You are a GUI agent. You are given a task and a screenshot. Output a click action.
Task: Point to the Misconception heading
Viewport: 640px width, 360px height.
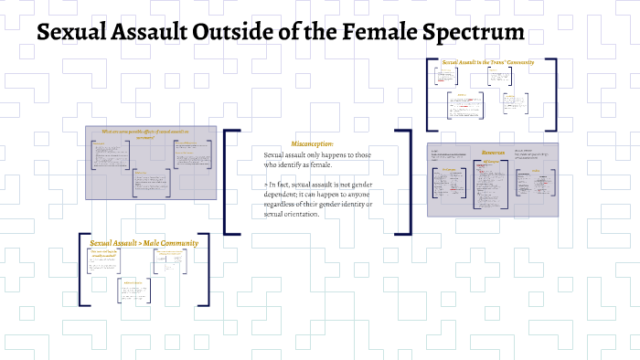tap(313, 144)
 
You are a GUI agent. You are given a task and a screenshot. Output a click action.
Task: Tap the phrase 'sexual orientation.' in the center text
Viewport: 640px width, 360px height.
tap(291, 215)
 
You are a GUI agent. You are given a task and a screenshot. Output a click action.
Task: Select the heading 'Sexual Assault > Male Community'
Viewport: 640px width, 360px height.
tap(144, 243)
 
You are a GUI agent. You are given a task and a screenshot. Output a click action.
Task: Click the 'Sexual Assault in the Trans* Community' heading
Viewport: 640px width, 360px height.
tap(486, 63)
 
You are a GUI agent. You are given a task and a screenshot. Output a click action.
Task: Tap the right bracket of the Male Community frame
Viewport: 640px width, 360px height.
tap(208, 269)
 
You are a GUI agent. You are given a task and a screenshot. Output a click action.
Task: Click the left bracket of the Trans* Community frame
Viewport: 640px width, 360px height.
tap(430, 95)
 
